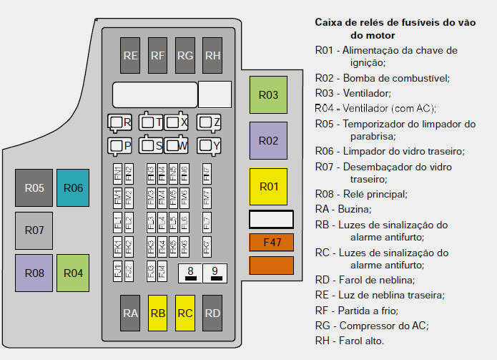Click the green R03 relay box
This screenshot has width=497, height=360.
click(x=268, y=95)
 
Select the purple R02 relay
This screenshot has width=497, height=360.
click(x=268, y=140)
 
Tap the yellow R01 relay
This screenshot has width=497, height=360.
click(x=268, y=187)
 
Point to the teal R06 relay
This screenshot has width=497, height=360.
click(x=73, y=188)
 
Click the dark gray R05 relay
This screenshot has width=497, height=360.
click(x=34, y=188)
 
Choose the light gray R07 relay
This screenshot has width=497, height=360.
click(x=34, y=230)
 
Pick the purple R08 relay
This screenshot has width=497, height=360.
click(x=34, y=273)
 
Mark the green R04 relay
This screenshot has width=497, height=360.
click(x=73, y=273)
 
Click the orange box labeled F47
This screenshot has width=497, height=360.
click(x=272, y=243)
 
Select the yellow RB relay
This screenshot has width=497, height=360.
click(x=158, y=313)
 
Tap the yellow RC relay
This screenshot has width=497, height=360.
click(x=184, y=313)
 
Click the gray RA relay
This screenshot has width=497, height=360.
click(x=130, y=313)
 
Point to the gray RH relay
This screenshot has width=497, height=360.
click(x=212, y=55)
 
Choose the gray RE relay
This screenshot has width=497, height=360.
click(x=130, y=55)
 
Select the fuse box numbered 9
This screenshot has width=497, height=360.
click(x=215, y=272)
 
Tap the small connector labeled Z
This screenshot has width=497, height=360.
click(x=210, y=122)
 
